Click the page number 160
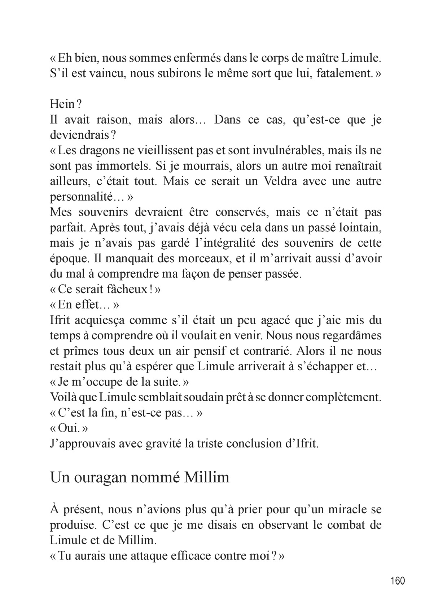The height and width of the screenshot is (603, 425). (x=398, y=581)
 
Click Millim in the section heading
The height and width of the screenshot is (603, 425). (x=207, y=478)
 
